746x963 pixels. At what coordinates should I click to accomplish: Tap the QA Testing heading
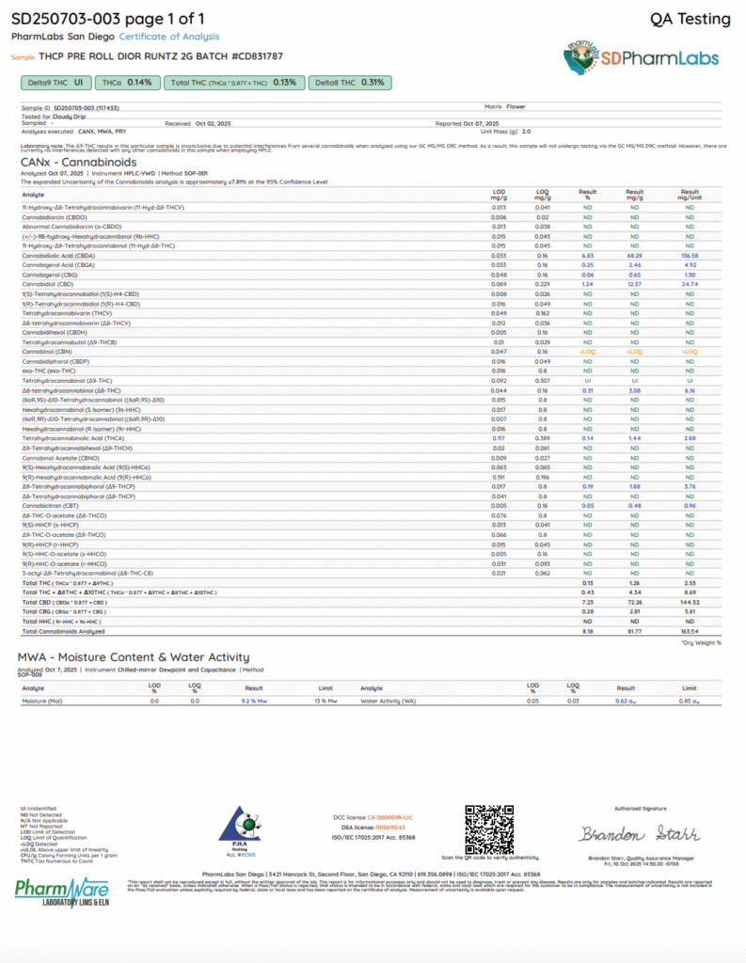pos(690,19)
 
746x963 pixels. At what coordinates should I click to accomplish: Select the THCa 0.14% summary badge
pos(126,83)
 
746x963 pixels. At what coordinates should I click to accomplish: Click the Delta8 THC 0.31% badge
pos(350,83)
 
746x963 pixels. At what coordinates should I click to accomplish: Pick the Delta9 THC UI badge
pos(54,83)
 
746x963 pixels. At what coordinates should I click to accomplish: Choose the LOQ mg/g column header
pos(542,195)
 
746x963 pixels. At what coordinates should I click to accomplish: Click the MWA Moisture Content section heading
pos(134,657)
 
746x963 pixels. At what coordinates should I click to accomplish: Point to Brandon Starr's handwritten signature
pos(639,834)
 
